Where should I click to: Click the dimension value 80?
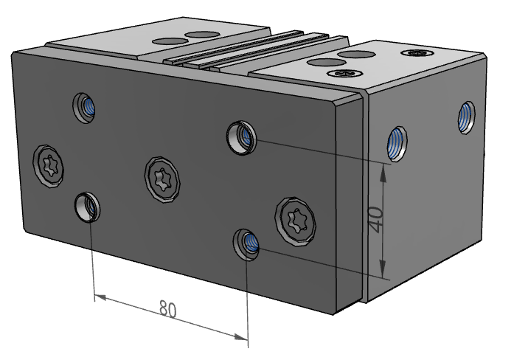pos(168,309)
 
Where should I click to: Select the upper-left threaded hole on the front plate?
pos(85,108)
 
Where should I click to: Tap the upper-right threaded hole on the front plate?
pos(241,136)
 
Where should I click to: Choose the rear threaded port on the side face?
pos(467,117)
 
